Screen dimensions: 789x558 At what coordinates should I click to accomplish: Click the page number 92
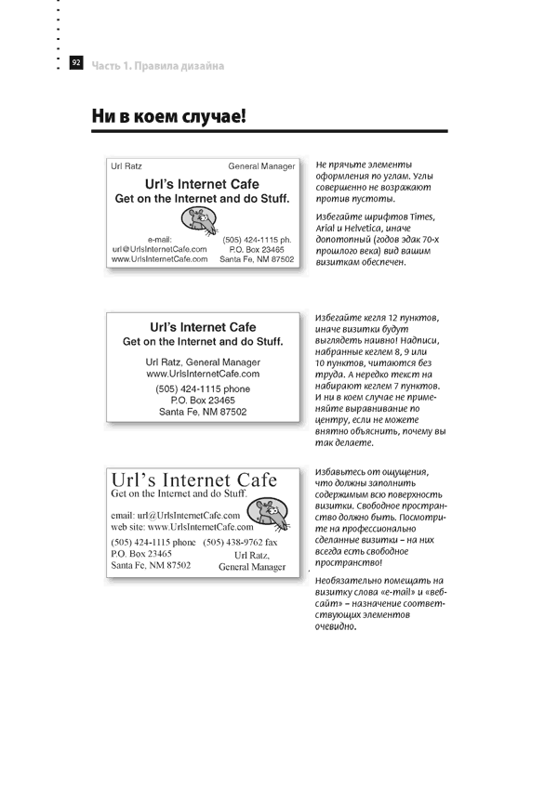(x=76, y=62)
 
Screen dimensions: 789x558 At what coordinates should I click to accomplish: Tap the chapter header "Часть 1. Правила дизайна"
(x=158, y=65)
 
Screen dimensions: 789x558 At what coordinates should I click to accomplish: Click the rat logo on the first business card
(x=198, y=219)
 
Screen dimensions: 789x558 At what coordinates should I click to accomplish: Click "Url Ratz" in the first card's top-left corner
(x=126, y=166)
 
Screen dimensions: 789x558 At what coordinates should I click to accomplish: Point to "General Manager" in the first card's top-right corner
(x=261, y=166)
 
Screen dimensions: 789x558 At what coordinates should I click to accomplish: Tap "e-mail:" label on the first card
(x=160, y=239)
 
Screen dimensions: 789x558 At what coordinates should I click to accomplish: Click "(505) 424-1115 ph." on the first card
(x=257, y=239)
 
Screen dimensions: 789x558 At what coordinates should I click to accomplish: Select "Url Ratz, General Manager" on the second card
(x=203, y=361)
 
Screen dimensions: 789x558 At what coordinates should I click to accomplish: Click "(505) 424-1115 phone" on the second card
(x=203, y=388)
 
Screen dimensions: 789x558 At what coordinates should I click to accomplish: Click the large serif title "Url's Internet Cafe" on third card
(x=193, y=480)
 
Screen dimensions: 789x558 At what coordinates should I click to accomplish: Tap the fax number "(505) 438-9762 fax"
(x=240, y=541)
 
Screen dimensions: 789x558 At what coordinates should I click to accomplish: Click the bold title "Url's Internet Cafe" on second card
(x=203, y=327)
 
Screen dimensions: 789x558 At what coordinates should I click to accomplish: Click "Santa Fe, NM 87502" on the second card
(x=203, y=411)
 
